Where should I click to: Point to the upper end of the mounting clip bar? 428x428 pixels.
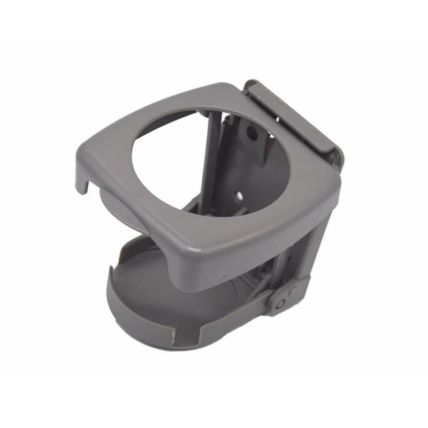coord(254,86)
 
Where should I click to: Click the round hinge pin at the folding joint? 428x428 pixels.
coord(280,303)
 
